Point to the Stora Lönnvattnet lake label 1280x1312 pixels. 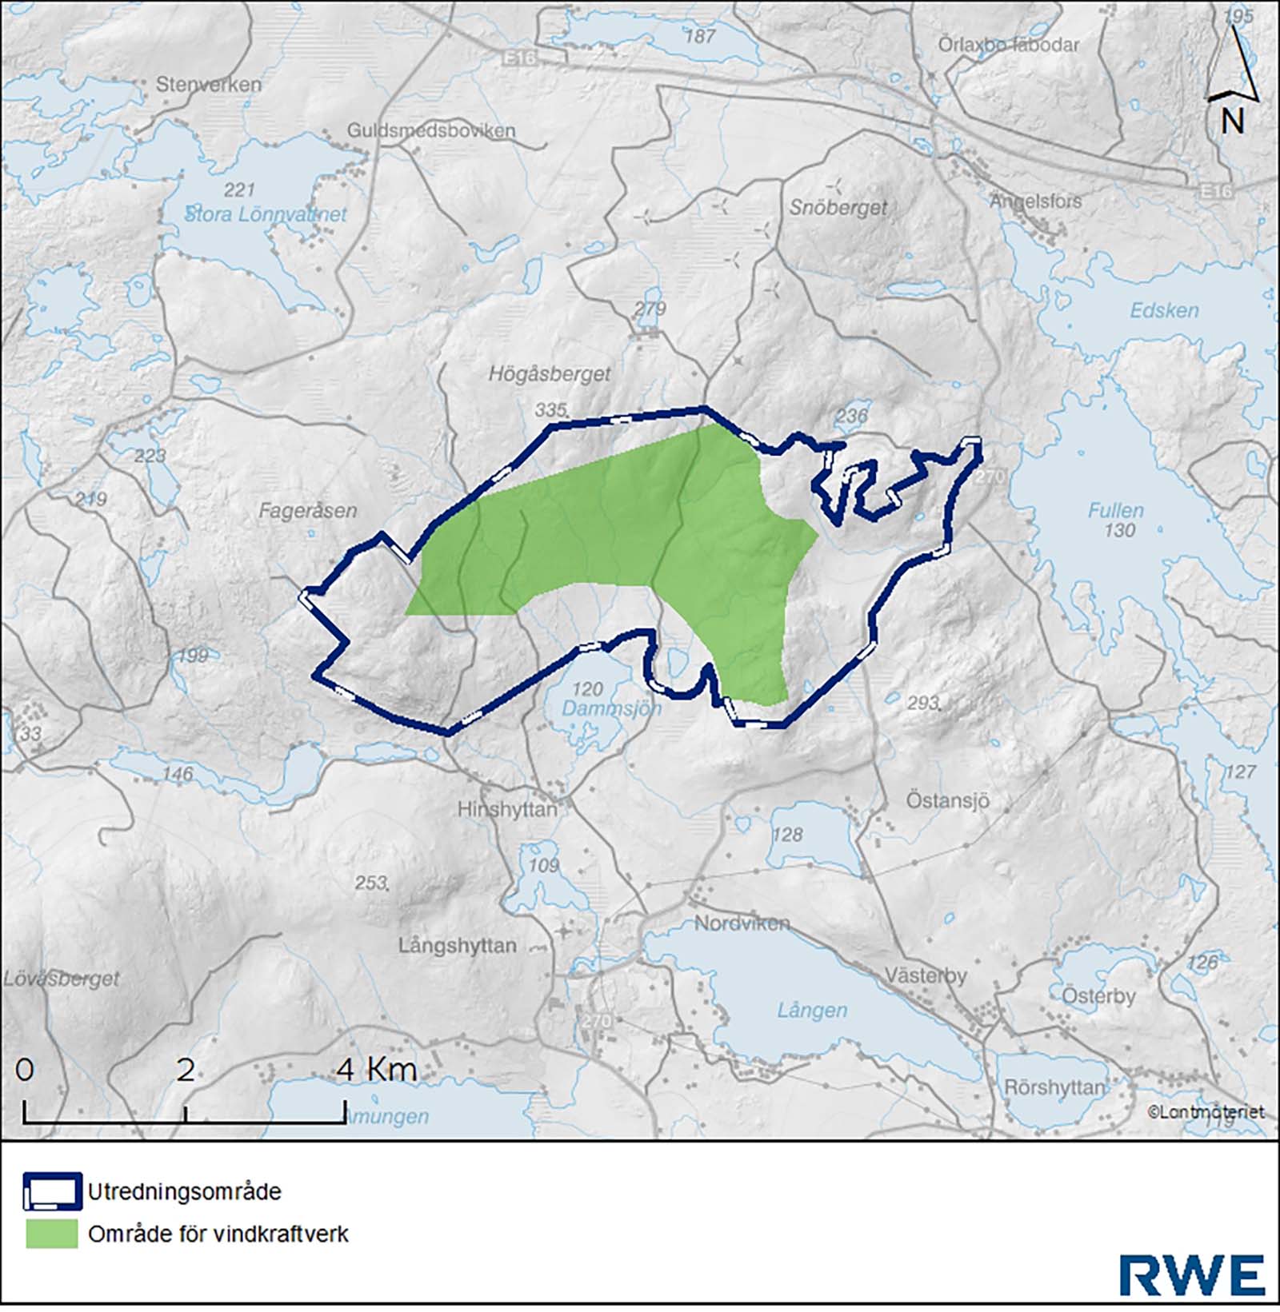tap(266, 214)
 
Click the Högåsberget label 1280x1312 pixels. tap(549, 373)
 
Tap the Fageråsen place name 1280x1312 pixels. tap(307, 510)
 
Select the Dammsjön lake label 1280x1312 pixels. tap(611, 708)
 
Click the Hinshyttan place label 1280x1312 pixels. tap(506, 809)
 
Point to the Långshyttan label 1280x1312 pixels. tap(457, 945)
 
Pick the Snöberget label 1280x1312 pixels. tap(838, 207)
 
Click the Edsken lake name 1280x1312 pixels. tap(1164, 310)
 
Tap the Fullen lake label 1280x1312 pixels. tap(1115, 510)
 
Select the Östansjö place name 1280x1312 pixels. tap(947, 800)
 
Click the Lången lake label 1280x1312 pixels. tap(811, 1010)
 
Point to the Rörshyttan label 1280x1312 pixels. tap(1054, 1087)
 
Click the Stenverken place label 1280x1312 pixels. tap(208, 84)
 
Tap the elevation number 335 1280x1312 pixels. tap(550, 410)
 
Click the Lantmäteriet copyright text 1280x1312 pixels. tap(1206, 1111)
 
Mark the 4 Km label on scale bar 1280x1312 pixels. tap(377, 1069)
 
